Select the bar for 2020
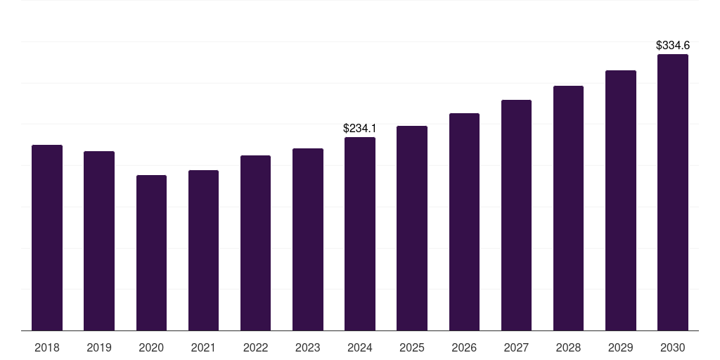(x=151, y=253)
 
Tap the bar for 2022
(x=255, y=243)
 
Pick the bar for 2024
(x=360, y=234)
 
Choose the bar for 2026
(x=464, y=222)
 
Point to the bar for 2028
(x=568, y=208)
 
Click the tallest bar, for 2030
(x=672, y=193)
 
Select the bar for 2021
(x=203, y=250)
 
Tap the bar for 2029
(x=620, y=200)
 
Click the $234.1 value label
(x=360, y=128)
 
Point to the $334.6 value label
(x=672, y=45)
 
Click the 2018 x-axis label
(x=47, y=347)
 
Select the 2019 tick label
(x=99, y=347)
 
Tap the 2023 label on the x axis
(x=307, y=347)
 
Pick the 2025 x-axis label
(x=412, y=347)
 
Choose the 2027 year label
(x=516, y=347)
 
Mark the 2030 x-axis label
(x=672, y=347)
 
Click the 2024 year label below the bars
(x=360, y=347)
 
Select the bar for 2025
(x=412, y=229)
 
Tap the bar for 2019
(x=99, y=241)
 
